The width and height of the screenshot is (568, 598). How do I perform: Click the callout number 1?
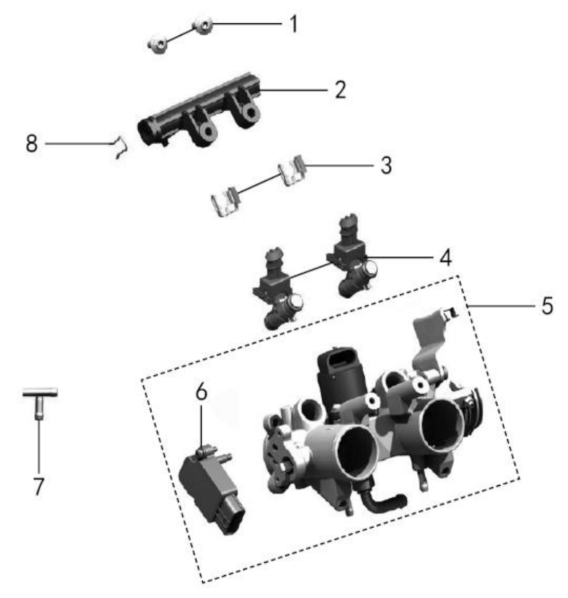click(293, 24)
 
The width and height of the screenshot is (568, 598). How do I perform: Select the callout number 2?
click(340, 90)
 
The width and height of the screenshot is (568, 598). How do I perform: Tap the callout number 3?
click(386, 165)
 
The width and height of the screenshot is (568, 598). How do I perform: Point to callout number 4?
click(446, 257)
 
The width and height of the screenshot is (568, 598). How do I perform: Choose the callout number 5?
click(547, 305)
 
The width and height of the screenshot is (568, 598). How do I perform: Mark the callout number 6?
click(201, 391)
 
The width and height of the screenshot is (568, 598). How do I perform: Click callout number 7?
click(38, 486)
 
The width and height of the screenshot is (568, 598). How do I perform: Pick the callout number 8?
click(32, 144)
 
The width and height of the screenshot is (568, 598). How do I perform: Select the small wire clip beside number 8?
click(120, 147)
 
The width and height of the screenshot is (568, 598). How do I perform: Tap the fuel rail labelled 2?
click(198, 111)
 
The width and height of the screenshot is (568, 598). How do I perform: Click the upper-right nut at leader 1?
click(203, 26)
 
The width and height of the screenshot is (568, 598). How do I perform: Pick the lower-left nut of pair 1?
click(158, 44)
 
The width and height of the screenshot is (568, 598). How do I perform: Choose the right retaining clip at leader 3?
click(291, 170)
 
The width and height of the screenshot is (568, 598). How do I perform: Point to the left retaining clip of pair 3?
click(225, 201)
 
